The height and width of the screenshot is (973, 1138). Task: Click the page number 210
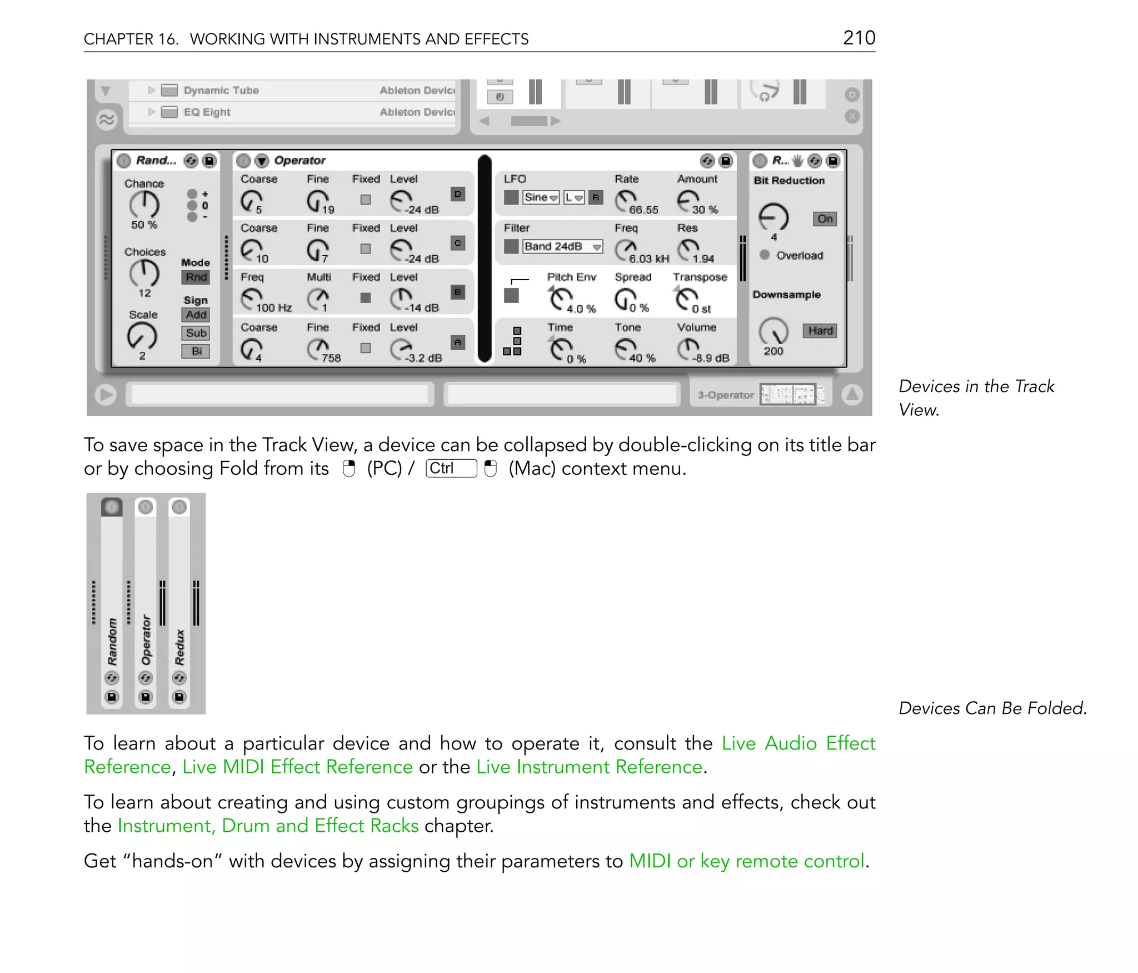point(859,38)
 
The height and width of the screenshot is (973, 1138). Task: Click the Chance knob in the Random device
point(144,205)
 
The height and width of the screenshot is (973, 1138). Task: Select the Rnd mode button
point(196,277)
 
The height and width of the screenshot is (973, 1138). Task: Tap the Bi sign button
point(196,351)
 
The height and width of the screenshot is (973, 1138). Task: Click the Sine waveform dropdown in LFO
point(541,197)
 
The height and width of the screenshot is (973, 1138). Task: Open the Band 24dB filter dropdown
point(562,246)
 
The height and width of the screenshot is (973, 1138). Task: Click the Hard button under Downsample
point(820,331)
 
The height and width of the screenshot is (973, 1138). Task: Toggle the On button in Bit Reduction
point(825,219)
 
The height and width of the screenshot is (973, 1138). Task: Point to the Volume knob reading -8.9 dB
point(688,349)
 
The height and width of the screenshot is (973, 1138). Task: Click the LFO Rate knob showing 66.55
point(626,200)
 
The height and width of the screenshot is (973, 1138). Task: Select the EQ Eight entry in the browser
point(207,112)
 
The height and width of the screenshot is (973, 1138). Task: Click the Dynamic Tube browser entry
point(221,91)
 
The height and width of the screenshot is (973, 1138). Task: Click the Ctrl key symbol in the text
point(451,468)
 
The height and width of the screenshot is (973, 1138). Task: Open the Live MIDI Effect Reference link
point(297,767)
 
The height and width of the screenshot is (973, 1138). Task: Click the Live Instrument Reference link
point(589,767)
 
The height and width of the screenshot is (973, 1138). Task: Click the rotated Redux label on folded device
point(179,647)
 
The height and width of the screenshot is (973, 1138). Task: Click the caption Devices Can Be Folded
point(992,708)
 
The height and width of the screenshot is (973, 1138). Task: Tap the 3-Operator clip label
point(725,395)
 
